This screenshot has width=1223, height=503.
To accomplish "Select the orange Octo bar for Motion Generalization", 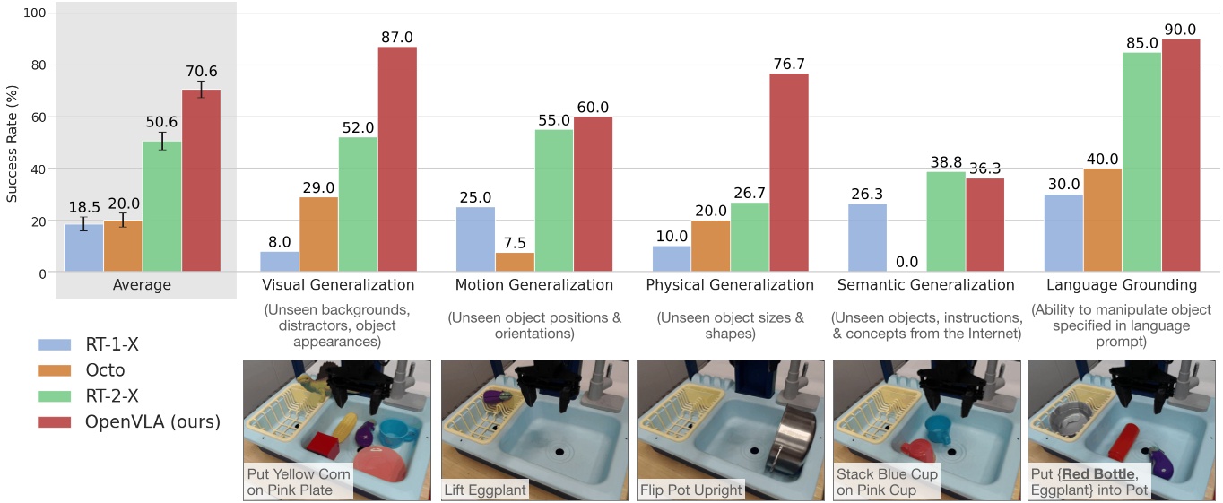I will (x=515, y=262).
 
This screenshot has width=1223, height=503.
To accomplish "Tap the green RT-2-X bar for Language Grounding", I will (x=1141, y=161).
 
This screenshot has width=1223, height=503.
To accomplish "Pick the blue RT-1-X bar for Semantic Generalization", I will (x=867, y=238).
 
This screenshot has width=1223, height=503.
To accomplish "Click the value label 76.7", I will (x=789, y=64).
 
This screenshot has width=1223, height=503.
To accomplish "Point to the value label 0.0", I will (x=906, y=262).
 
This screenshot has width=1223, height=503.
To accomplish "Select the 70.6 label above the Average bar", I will (x=201, y=72).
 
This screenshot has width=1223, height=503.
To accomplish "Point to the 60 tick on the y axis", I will (x=35, y=117).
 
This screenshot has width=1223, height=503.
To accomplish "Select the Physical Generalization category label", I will (x=730, y=285).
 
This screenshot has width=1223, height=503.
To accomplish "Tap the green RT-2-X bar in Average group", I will (x=162, y=206).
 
